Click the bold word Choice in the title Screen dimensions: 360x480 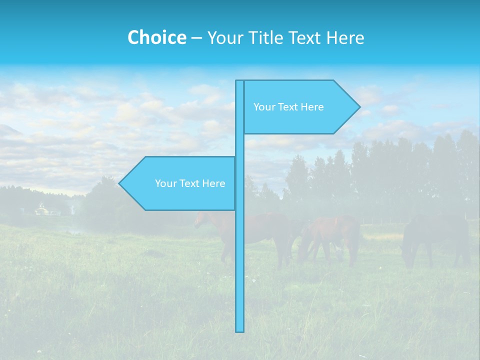coord(156,37)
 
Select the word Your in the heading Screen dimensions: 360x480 coord(225,37)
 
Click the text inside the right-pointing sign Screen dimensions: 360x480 coord(288,107)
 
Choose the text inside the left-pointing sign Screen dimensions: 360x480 coord(190,183)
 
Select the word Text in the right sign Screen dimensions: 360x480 coord(288,107)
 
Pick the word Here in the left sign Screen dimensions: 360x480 coord(213,183)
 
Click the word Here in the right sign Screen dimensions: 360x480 coord(312,107)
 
